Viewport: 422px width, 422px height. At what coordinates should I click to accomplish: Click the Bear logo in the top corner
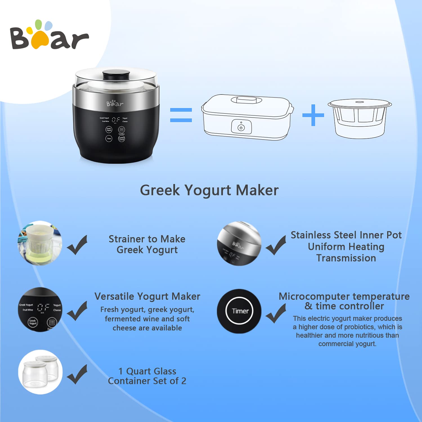[x=49, y=35]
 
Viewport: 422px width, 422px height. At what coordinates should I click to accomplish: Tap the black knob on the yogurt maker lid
[x=116, y=75]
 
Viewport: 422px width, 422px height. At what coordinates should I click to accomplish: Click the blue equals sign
[x=181, y=115]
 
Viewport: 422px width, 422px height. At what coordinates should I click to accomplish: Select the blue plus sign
[x=313, y=115]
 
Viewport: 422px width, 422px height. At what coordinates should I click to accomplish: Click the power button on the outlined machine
[x=241, y=127]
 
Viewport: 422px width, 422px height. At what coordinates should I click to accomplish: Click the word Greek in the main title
[x=160, y=190]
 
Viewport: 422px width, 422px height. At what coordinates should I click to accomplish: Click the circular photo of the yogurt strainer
[x=40, y=243]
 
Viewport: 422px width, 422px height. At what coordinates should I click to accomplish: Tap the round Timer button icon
[x=240, y=311]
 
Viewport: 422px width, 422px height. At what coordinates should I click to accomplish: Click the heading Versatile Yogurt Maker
[x=147, y=296]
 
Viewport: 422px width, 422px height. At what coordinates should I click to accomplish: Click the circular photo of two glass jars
[x=40, y=372]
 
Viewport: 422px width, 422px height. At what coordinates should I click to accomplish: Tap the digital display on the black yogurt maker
[x=115, y=120]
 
